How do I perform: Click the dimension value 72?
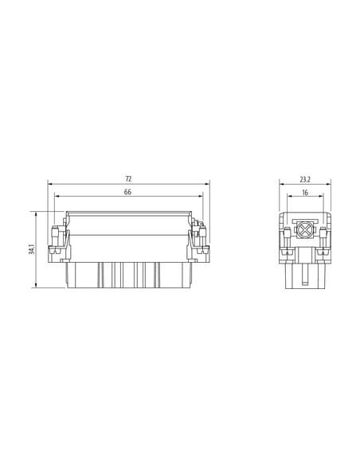(128, 179)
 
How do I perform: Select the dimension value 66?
(127, 192)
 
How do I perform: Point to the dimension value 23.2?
(305, 179)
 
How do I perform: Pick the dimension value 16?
(305, 193)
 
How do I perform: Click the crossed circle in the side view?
(303, 230)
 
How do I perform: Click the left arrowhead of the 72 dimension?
(50, 184)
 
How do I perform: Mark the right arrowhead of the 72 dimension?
(207, 184)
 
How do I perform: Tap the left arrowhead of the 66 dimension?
(57, 196)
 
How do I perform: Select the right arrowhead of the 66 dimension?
(201, 196)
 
